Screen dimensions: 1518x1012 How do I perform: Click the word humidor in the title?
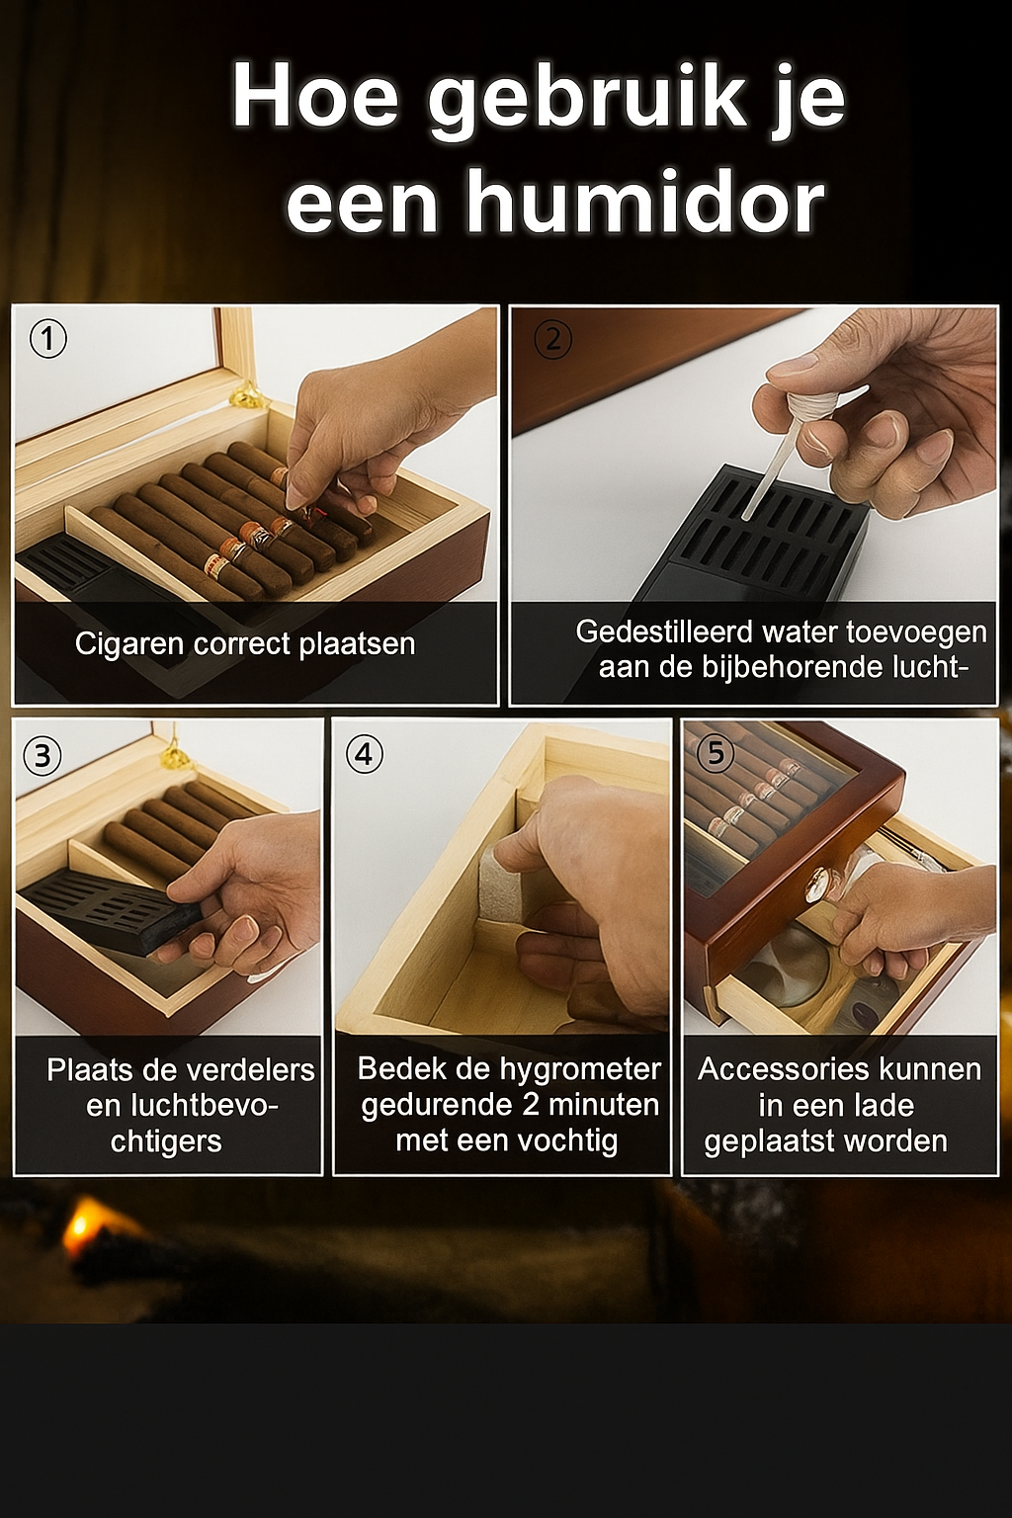(x=644, y=203)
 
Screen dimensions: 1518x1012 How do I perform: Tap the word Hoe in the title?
(x=315, y=96)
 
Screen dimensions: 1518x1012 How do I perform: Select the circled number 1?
(x=47, y=339)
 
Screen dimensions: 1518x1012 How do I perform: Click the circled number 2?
(x=552, y=339)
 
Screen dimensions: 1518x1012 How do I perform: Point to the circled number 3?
(x=42, y=756)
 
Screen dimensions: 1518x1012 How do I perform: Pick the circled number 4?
(x=364, y=755)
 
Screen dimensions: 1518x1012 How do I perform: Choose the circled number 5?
(x=716, y=753)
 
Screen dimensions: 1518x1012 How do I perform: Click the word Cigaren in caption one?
(x=129, y=644)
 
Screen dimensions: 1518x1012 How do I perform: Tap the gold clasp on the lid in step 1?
(x=245, y=397)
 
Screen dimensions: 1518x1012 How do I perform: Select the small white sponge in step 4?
(x=499, y=885)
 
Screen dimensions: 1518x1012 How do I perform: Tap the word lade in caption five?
(x=885, y=1106)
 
